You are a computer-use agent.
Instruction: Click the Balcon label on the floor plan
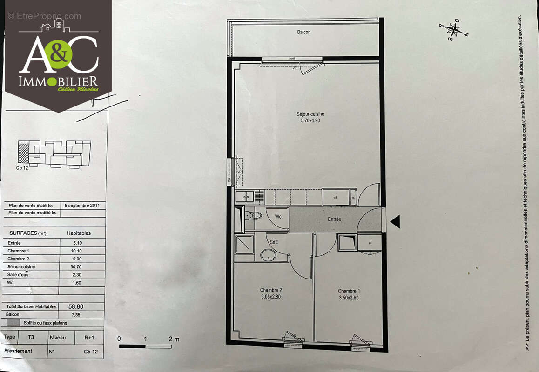[303, 32]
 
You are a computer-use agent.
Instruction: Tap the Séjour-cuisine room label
[310, 114]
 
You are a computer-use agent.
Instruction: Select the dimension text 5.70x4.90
[310, 120]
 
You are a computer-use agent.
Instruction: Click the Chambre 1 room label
[349, 291]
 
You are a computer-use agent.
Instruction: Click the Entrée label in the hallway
[334, 219]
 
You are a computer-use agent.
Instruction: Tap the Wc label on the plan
[278, 217]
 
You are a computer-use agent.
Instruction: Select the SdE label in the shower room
[275, 242]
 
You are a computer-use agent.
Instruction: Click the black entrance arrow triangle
[395, 222]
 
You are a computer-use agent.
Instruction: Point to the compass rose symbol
[452, 30]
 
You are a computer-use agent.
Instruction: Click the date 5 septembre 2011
[82, 205]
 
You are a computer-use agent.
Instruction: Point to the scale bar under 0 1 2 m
[145, 346]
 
